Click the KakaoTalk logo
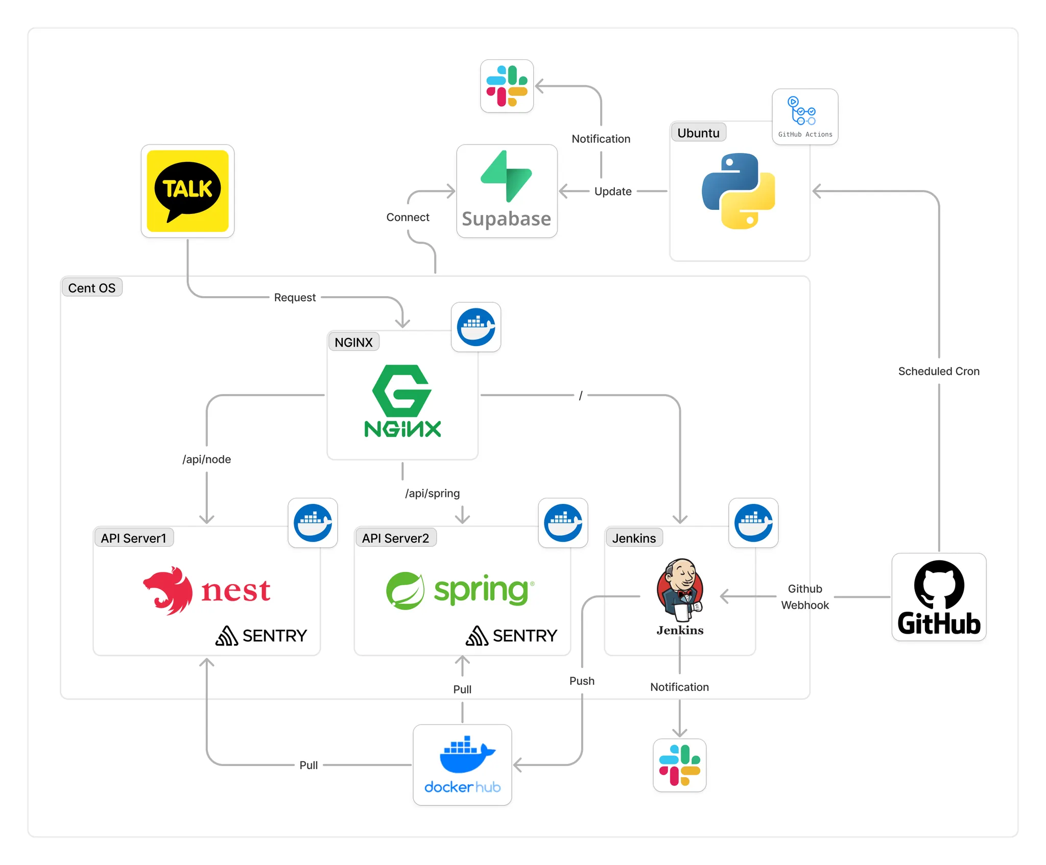point(187,191)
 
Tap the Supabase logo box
point(507,191)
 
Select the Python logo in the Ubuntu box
point(739,191)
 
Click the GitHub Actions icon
point(805,117)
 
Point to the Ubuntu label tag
point(698,133)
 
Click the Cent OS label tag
point(92,288)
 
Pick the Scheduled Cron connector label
point(939,371)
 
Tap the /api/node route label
point(206,459)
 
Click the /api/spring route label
point(432,493)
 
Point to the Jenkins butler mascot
point(680,590)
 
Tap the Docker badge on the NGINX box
point(476,327)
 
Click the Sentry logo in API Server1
point(261,636)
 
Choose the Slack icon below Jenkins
point(680,765)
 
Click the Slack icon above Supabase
point(507,86)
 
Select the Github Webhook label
point(805,597)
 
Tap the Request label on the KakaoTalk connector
point(295,297)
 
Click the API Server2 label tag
point(395,538)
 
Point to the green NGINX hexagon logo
point(402,391)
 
